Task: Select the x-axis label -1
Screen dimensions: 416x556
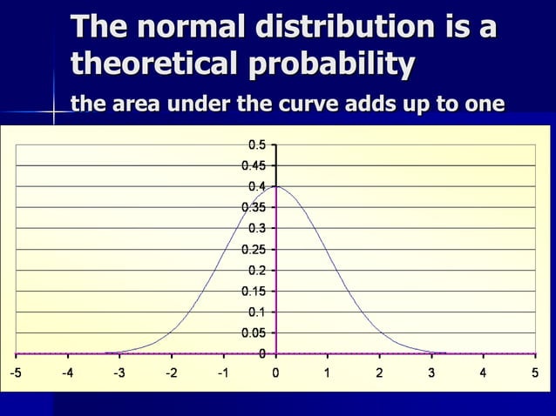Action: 222,373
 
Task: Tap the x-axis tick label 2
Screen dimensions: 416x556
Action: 379,373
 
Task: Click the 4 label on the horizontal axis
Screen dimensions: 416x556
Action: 483,373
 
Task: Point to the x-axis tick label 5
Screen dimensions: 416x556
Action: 534,373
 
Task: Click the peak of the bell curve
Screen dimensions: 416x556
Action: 276,186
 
